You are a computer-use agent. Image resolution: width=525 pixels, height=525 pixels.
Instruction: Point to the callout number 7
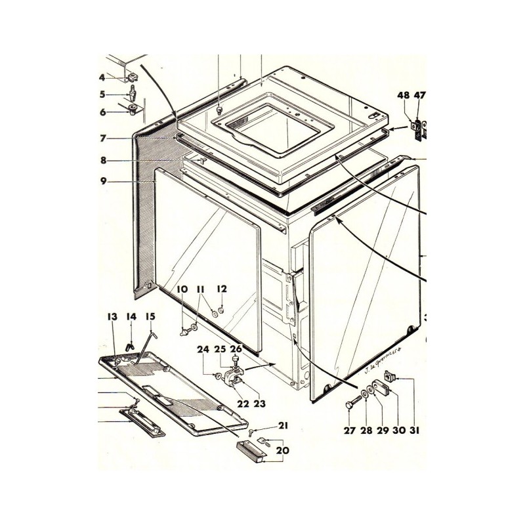click(x=103, y=139)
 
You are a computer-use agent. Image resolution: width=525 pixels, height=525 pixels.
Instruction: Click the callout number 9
click(x=103, y=181)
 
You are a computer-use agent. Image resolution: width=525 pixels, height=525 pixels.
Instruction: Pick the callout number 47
click(x=419, y=95)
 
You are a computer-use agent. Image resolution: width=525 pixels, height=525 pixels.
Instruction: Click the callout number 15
click(x=150, y=317)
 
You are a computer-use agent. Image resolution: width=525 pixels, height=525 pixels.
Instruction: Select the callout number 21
click(x=283, y=426)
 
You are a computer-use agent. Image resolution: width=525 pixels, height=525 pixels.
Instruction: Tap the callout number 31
click(x=414, y=431)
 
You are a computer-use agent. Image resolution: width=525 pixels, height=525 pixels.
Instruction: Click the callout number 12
click(x=222, y=289)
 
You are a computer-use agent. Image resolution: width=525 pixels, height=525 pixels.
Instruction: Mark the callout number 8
click(x=103, y=160)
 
